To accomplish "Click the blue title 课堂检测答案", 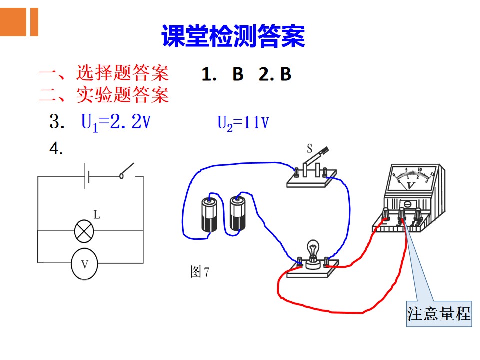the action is click(x=233, y=36).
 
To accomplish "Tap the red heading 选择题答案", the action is click(x=122, y=73).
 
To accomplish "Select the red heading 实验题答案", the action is click(x=122, y=95).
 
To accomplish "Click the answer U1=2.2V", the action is click(x=116, y=122).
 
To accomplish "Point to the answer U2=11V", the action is click(x=243, y=123).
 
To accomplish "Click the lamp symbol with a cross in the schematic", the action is click(x=84, y=231).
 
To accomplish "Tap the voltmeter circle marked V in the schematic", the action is click(x=84, y=264).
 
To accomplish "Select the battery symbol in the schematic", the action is click(x=87, y=176).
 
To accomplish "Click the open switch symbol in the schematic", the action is click(x=127, y=171).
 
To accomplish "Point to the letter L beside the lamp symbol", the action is click(x=97, y=215).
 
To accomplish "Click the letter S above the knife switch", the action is click(x=310, y=149).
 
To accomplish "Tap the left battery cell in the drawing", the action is click(x=209, y=214).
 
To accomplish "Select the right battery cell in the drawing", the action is click(x=238, y=213).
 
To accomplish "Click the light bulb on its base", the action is click(x=313, y=253).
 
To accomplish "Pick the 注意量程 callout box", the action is click(x=439, y=314).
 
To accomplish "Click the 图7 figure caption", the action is click(x=200, y=272).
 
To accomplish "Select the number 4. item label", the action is click(x=56, y=149).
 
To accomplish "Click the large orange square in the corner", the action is click(x=13, y=22).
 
